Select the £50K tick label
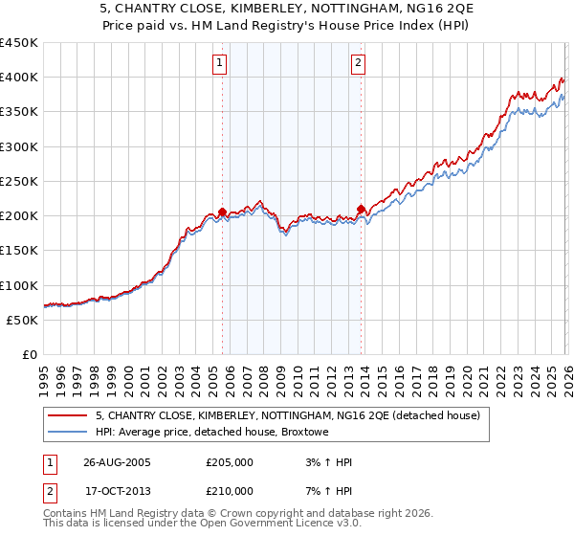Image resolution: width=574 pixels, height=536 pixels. coord(21,320)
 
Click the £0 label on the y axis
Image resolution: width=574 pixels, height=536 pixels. coord(29,354)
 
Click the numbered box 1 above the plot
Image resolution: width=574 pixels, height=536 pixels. coord(220,64)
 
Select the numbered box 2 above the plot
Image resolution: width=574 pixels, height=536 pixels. coord(358,64)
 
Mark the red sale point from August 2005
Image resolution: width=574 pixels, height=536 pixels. coord(223,212)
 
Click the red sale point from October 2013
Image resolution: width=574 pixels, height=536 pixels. coord(361,209)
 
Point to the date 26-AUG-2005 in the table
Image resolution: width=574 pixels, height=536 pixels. coord(117,462)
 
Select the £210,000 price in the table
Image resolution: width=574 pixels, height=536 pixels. coord(230,491)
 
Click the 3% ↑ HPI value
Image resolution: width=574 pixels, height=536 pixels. coord(325,462)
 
